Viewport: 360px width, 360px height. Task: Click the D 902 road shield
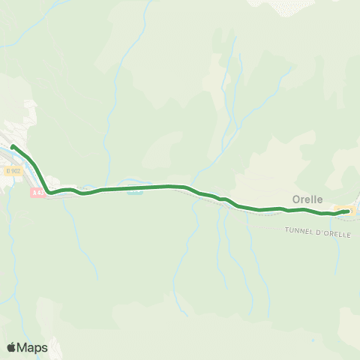(x=14, y=171)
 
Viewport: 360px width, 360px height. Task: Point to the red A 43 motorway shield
(x=38, y=193)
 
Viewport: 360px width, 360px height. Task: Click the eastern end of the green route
(x=347, y=211)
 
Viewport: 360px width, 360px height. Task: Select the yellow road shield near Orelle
(x=343, y=209)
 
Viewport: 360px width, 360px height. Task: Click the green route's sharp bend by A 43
(x=49, y=191)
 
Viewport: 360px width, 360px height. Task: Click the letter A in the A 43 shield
(x=34, y=193)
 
